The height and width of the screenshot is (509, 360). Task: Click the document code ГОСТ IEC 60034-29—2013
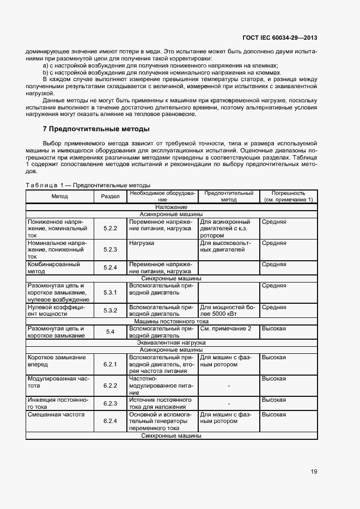pos(279,38)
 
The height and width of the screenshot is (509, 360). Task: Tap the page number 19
pos(314,471)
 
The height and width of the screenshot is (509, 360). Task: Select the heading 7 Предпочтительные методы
pos(96,129)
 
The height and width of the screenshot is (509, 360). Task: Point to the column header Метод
pos(60,196)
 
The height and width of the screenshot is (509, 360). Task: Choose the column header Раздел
pos(111,196)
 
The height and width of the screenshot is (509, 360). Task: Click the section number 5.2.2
pos(111,229)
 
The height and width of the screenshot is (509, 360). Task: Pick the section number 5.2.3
pos(111,249)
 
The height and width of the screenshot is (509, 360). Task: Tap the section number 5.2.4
pos(111,267)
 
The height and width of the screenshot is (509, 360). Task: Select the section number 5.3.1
pos(111,292)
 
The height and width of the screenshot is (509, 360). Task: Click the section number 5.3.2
pos(111,310)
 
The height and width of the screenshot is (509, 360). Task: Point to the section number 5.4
pos(111,332)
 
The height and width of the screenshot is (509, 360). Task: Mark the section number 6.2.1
pos(111,364)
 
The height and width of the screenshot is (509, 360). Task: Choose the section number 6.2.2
pos(111,385)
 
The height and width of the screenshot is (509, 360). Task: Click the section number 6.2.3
pos(111,403)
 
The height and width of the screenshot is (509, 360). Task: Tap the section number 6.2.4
pos(111,421)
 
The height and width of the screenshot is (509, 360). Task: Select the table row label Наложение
pos(171,207)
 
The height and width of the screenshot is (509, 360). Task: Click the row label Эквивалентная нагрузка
pos(171,343)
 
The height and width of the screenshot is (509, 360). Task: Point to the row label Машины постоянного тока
pos(171,322)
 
